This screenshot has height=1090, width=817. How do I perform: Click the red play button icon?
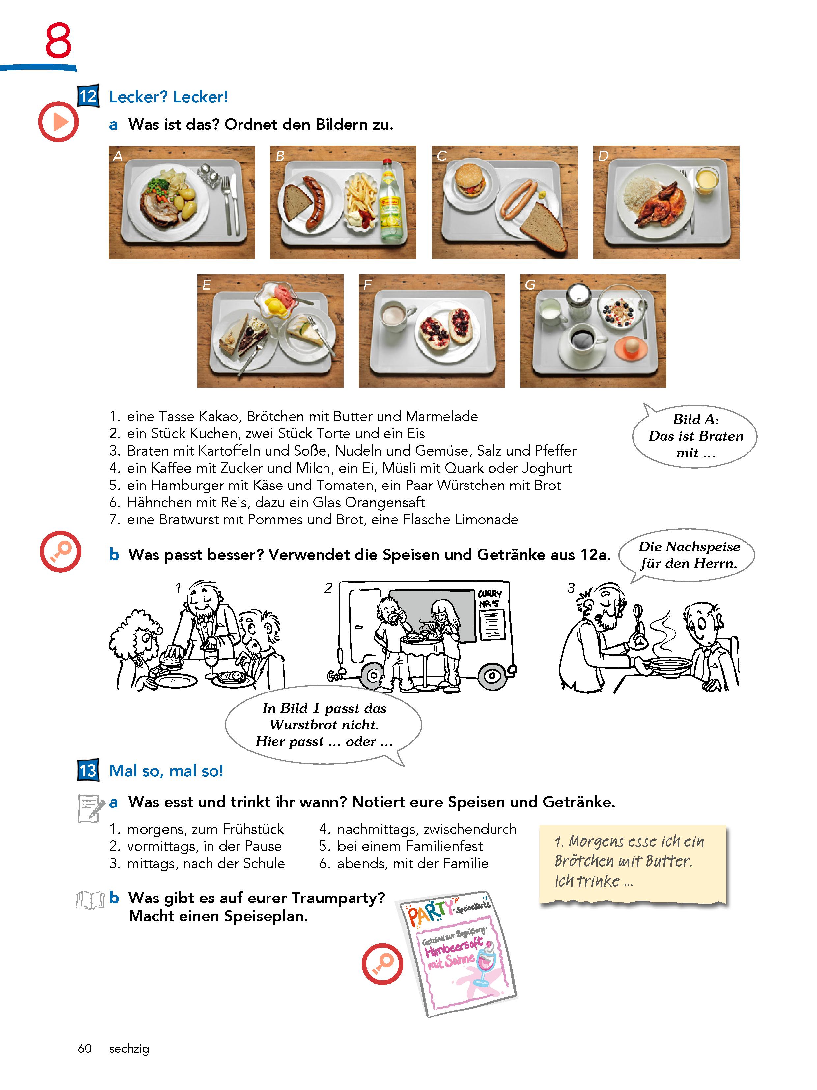click(59, 122)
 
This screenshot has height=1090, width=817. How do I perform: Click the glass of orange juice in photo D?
click(707, 181)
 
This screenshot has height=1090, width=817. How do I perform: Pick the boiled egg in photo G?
click(629, 347)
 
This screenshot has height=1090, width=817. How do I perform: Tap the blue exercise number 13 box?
click(89, 770)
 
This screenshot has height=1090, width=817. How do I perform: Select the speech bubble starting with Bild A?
click(695, 436)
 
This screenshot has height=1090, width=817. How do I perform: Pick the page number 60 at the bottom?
click(85, 1048)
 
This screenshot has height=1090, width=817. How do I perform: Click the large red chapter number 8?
click(59, 41)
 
